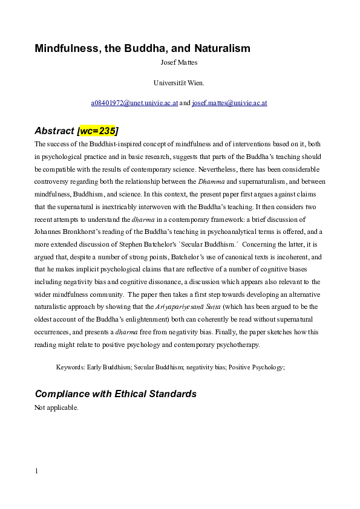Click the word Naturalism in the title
click(x=220, y=48)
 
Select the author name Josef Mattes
click(x=180, y=61)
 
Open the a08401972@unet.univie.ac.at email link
click(x=134, y=103)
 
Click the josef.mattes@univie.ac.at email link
click(x=229, y=103)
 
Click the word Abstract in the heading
click(x=53, y=131)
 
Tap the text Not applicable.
click(x=56, y=407)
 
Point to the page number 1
click(x=36, y=471)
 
